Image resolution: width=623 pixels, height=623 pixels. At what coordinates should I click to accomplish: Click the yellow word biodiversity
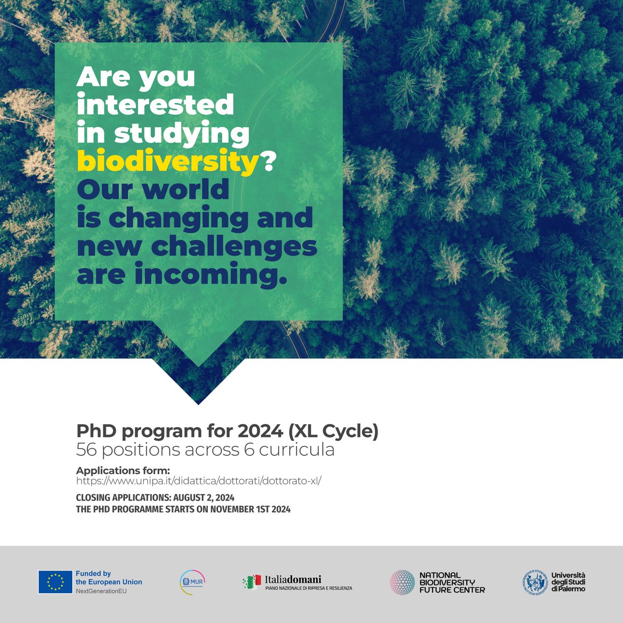[x=167, y=162]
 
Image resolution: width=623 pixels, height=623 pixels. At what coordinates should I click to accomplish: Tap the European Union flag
[x=55, y=582]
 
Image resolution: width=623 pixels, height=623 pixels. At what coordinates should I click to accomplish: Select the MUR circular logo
[x=188, y=582]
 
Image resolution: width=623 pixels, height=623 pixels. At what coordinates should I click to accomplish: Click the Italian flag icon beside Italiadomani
[x=253, y=582]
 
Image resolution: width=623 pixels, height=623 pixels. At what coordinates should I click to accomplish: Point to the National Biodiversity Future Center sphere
[x=402, y=582]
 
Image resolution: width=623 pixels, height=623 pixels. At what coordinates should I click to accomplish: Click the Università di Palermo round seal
[x=535, y=582]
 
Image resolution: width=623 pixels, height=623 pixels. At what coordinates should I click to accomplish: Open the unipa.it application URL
[x=199, y=481]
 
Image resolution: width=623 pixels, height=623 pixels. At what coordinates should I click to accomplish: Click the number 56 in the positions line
[x=86, y=450]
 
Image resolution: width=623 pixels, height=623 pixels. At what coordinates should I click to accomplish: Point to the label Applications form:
[x=123, y=470]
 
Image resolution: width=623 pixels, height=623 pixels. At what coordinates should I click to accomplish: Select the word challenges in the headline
[x=234, y=247]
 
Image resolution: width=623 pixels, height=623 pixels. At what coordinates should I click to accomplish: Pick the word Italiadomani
[x=293, y=579]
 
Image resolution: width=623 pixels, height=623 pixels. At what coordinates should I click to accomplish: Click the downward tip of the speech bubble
[x=198, y=402]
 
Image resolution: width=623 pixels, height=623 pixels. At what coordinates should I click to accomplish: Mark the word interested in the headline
[x=155, y=105]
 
